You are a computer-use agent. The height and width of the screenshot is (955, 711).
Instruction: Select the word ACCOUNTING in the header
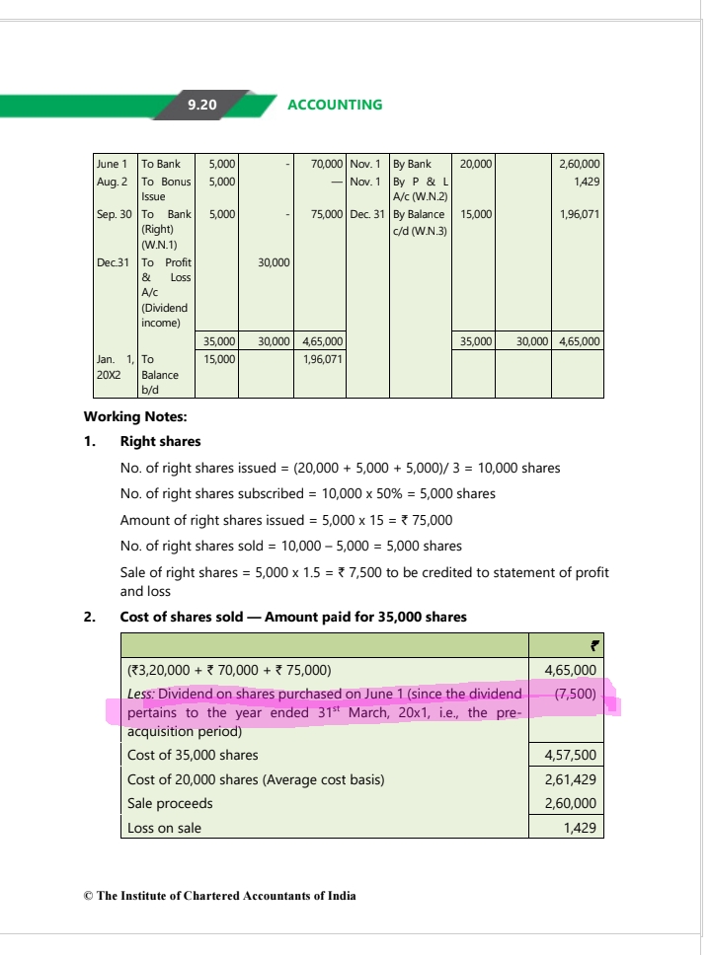[x=334, y=105]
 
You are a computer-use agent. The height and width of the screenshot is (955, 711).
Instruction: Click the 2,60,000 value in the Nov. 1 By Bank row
[x=581, y=164]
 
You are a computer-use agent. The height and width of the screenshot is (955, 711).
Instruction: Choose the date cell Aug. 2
[x=112, y=182]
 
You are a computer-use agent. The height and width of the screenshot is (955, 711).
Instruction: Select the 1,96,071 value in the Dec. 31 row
[x=580, y=214]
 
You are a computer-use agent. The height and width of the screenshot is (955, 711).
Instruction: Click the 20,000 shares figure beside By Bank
[x=472, y=164]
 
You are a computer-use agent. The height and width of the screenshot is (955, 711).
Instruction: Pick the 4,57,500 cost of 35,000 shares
[x=570, y=755]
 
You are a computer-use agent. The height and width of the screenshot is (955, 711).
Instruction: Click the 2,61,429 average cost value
[x=570, y=779]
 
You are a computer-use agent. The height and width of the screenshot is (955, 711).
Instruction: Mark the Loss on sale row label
[x=164, y=828]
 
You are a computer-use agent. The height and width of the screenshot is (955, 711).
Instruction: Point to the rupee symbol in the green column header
[x=593, y=646]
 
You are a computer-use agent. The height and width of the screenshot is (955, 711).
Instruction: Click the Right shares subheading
[x=160, y=441]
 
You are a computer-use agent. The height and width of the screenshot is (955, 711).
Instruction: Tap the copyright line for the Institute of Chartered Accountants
[x=220, y=896]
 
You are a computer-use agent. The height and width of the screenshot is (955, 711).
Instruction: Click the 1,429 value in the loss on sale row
[x=579, y=828]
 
